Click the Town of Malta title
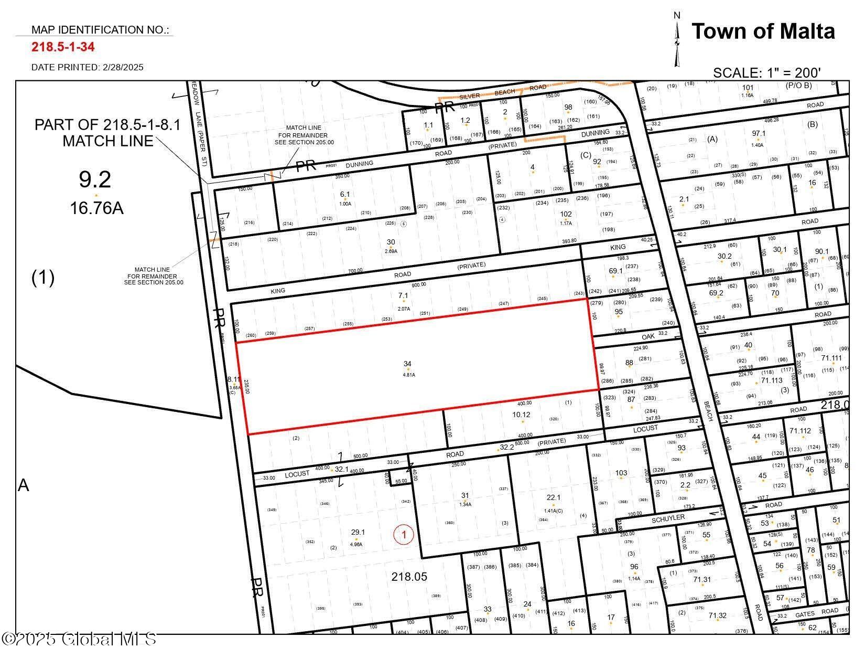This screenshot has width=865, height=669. click(763, 31)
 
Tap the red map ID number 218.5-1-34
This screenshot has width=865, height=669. click(63, 47)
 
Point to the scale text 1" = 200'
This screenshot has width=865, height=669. click(766, 73)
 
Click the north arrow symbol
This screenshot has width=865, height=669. click(677, 41)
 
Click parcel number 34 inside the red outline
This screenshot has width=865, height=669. click(407, 364)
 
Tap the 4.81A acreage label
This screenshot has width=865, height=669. click(408, 375)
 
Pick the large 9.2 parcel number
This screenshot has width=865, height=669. click(95, 180)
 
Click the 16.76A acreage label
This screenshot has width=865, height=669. click(97, 208)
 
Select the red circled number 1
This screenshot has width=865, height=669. click(404, 535)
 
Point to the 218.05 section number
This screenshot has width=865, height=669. click(409, 577)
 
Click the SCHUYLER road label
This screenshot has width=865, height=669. click(668, 518)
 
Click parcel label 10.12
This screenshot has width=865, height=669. click(521, 415)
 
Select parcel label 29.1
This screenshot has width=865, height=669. click(358, 532)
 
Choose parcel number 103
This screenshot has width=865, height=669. click(621, 473)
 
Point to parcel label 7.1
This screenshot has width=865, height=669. click(403, 296)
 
